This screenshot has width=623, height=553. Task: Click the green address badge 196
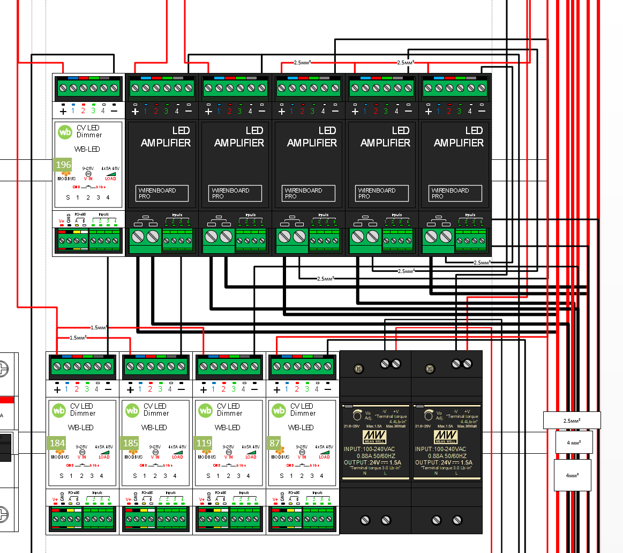pos(63,164)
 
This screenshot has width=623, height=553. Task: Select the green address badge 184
pos(57,443)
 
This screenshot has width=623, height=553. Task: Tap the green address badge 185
pos(130,443)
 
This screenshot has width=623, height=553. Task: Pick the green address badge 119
pos(204,443)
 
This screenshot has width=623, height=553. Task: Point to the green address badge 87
pos(275,443)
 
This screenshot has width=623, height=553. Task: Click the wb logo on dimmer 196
pos(65,131)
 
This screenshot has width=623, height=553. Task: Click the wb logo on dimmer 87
pos(279,410)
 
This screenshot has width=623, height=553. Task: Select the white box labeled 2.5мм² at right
pos(572,420)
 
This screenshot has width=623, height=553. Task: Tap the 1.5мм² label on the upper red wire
pos(99,327)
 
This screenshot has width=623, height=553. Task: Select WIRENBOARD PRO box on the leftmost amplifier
pos(162,193)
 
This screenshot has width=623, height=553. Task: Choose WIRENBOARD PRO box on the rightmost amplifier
pos(455,193)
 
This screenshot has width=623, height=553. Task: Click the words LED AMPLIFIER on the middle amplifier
pos(312,137)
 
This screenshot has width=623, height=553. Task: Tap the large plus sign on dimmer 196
pos(63,112)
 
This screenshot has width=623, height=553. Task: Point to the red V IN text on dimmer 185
pos(155,457)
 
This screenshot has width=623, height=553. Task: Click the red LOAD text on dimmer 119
pos(251,457)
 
